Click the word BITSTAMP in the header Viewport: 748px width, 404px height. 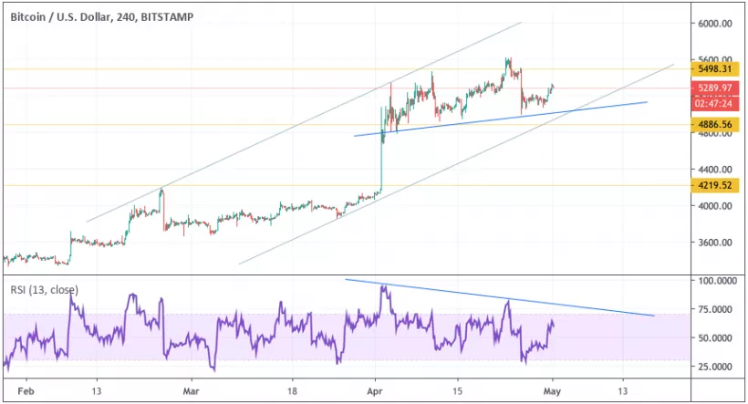point(169,16)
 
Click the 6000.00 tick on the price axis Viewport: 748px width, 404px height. point(716,24)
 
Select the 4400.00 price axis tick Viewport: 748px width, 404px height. point(716,170)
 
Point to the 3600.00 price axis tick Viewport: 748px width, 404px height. point(716,243)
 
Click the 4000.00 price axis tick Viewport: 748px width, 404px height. point(716,206)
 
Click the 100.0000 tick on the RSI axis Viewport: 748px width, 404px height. point(716,282)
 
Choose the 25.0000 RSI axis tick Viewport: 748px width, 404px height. point(716,367)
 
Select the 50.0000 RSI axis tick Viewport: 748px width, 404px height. point(716,338)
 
